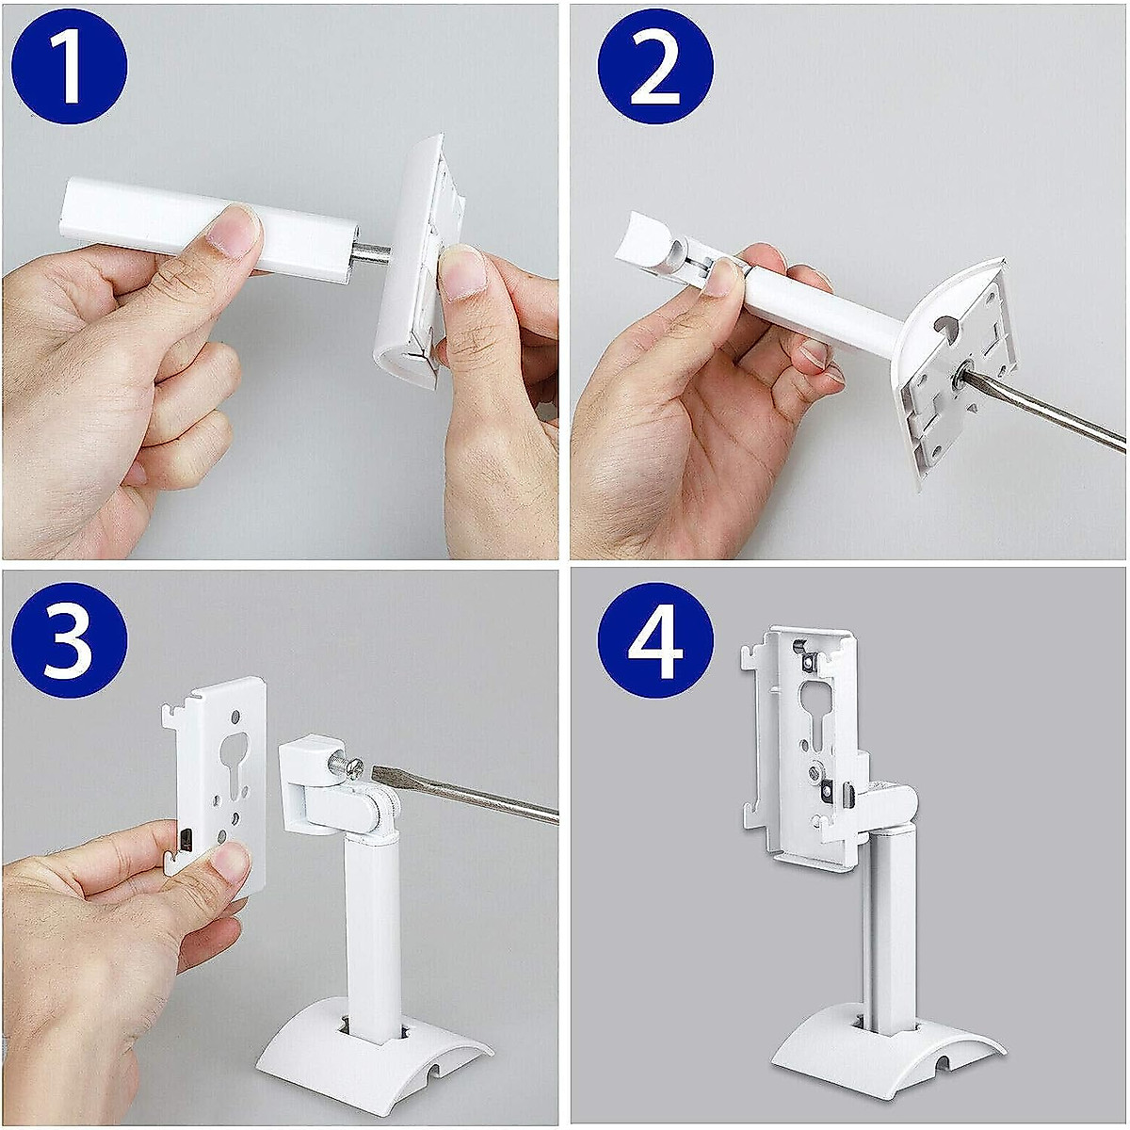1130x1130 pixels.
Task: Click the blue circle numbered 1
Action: (69, 69)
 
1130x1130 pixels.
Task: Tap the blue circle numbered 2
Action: (655, 69)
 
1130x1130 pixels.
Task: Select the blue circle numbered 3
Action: (69, 640)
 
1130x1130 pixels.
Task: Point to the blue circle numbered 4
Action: (655, 640)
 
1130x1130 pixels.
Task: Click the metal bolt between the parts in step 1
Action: (372, 255)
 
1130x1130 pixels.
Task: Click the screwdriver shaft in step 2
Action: (1045, 414)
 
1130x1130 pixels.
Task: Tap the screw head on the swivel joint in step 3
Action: (351, 769)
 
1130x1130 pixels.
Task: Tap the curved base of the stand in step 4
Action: (885, 1045)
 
